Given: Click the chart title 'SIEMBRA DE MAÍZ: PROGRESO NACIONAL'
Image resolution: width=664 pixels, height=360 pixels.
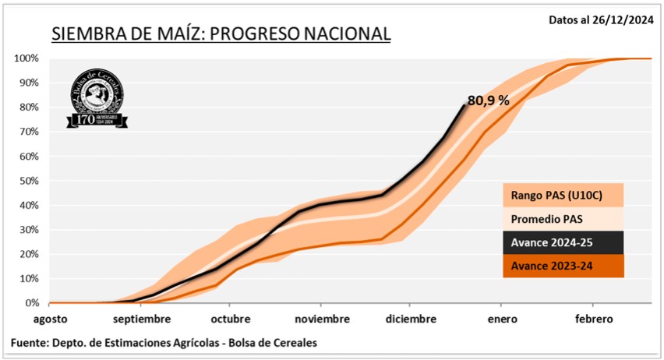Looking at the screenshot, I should point(221,34).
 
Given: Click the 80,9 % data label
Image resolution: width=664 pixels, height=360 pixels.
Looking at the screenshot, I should point(488,101).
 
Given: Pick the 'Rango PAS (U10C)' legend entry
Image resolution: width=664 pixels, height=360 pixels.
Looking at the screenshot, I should point(562,195).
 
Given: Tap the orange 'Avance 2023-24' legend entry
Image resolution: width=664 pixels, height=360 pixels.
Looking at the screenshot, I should point(562,266).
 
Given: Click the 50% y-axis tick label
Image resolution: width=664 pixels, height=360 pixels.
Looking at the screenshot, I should point(29,181).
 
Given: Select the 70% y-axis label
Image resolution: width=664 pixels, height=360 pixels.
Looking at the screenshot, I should point(29,132).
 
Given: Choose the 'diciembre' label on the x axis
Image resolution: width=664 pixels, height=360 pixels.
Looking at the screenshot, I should point(410,319).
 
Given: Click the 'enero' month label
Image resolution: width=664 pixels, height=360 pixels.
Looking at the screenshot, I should point(501,319).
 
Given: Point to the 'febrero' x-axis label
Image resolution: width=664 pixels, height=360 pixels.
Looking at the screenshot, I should point(594,319).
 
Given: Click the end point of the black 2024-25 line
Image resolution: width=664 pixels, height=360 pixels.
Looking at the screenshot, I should point(464,105).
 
